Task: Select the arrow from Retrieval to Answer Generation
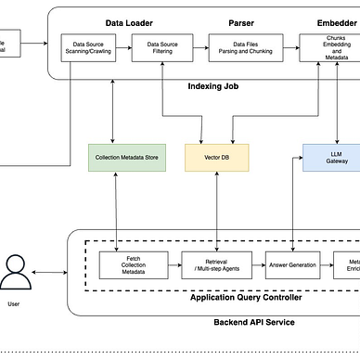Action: (x=259, y=265)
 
